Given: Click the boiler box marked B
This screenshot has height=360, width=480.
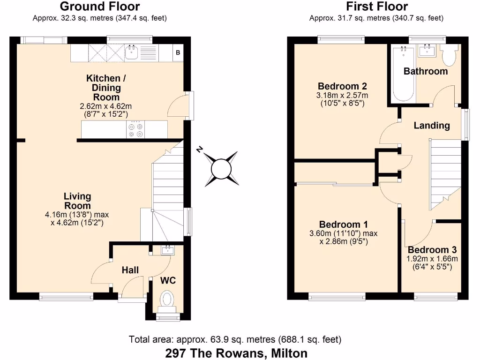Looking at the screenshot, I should click(x=178, y=53).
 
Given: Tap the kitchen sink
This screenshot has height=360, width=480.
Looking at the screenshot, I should click(x=132, y=52).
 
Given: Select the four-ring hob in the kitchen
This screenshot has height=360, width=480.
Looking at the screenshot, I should click(x=135, y=129).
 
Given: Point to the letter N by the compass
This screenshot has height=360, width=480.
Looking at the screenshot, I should click(x=200, y=150).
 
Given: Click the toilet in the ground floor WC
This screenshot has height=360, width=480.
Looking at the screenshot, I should click(x=167, y=300).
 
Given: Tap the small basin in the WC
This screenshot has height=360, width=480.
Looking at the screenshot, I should click(x=166, y=250).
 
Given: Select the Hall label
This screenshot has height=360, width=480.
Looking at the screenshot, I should click(x=130, y=270).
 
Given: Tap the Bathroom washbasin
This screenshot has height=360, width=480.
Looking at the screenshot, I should click(x=427, y=51).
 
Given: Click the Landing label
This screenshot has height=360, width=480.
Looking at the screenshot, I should click(x=432, y=125).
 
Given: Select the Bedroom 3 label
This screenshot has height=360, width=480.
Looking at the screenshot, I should click(x=432, y=250).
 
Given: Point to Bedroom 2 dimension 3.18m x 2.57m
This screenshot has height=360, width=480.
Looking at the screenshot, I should click(x=342, y=95).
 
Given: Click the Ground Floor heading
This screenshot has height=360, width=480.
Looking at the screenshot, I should click(x=100, y=7).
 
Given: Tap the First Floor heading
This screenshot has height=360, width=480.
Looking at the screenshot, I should click(x=376, y=7).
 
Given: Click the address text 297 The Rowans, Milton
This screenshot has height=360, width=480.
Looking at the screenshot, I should click(x=236, y=352).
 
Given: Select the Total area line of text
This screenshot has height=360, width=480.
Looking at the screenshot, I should click(x=235, y=339).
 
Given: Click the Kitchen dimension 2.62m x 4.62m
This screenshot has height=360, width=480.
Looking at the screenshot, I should click(x=106, y=106).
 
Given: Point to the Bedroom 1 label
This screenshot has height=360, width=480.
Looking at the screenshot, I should click(x=343, y=224).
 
